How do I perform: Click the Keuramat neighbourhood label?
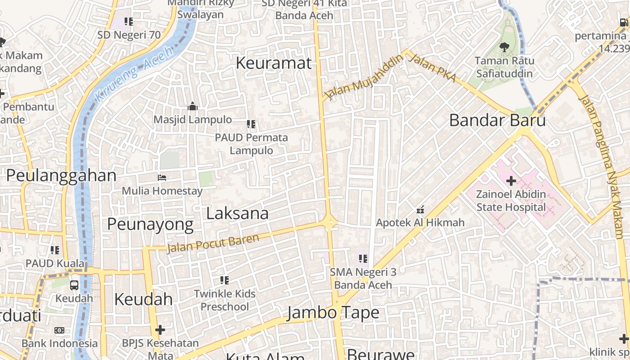pyautogui.click(x=274, y=63)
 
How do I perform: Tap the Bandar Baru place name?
pyautogui.click(x=497, y=121)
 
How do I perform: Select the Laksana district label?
pyautogui.click(x=237, y=213)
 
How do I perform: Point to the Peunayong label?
pyautogui.click(x=150, y=224)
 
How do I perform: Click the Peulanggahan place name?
pyautogui.click(x=61, y=175)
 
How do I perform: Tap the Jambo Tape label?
pyautogui.click(x=333, y=312)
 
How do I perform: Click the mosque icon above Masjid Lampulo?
pyautogui.click(x=193, y=107)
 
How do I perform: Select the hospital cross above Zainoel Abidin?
pyautogui.click(x=511, y=181)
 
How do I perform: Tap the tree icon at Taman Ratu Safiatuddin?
pyautogui.click(x=504, y=47)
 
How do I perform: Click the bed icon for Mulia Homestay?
pyautogui.click(x=162, y=178)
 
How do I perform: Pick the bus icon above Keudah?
pyautogui.click(x=74, y=285)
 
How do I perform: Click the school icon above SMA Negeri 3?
pyautogui.click(x=363, y=259)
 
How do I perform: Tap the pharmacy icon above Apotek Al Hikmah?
pyautogui.click(x=420, y=209)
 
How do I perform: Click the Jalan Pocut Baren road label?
pyautogui.click(x=213, y=243)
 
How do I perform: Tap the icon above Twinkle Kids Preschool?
pyautogui.click(x=225, y=280)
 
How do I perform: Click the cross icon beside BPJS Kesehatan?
pyautogui.click(x=160, y=330)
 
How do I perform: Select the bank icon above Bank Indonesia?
pyautogui.click(x=59, y=330)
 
